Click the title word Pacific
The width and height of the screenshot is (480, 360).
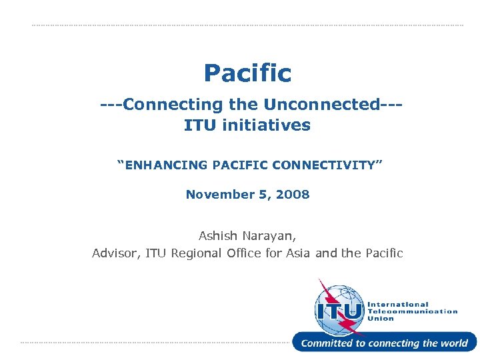(247, 73)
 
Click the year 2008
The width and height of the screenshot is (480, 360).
(293, 195)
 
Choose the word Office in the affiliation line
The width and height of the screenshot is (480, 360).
(246, 253)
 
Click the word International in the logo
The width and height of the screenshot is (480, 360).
(398, 304)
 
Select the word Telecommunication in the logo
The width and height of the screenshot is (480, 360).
(413, 311)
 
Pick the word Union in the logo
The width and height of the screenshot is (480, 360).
(381, 319)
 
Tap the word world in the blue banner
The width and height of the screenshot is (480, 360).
(454, 343)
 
